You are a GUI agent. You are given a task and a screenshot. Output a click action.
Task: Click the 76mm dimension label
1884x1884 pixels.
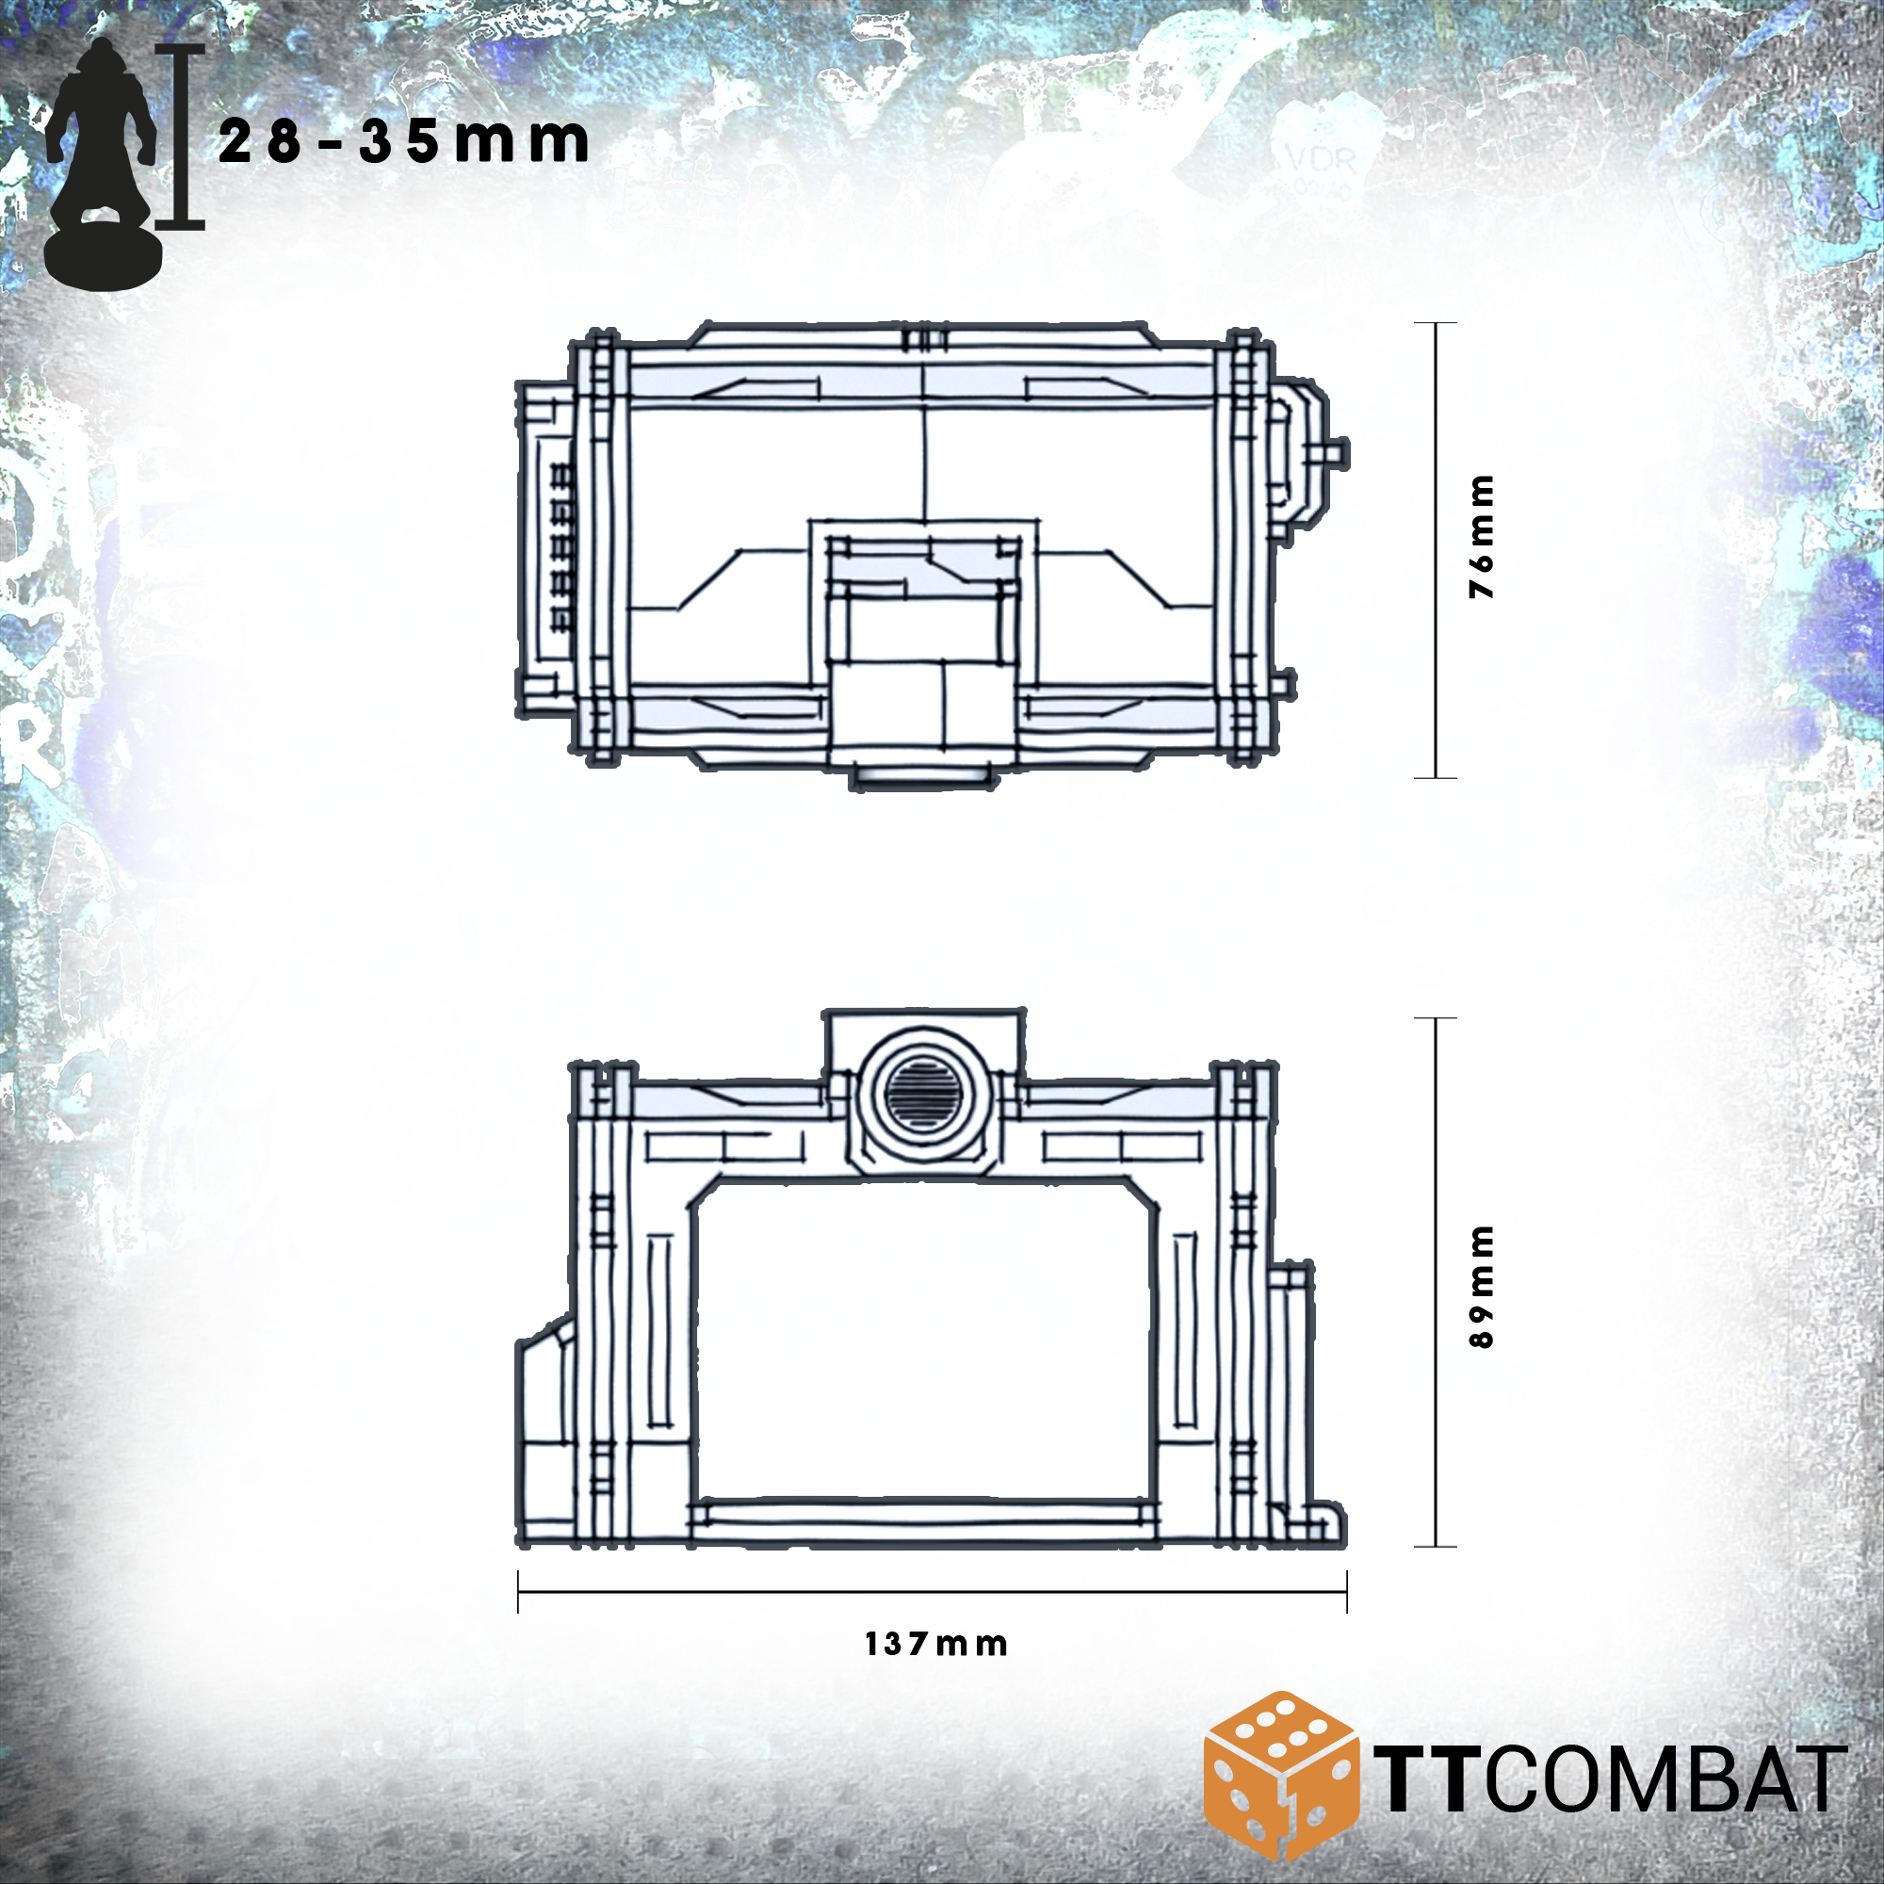pos(1481,536)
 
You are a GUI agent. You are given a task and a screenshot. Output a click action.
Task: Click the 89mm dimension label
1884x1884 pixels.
pos(1481,1286)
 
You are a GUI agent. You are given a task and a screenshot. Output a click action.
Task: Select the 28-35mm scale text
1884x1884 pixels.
pos(403,141)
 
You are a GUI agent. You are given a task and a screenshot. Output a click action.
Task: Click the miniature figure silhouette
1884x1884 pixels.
pos(102,165)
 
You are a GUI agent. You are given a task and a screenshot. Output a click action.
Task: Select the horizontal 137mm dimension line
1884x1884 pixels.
pos(933,1590)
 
